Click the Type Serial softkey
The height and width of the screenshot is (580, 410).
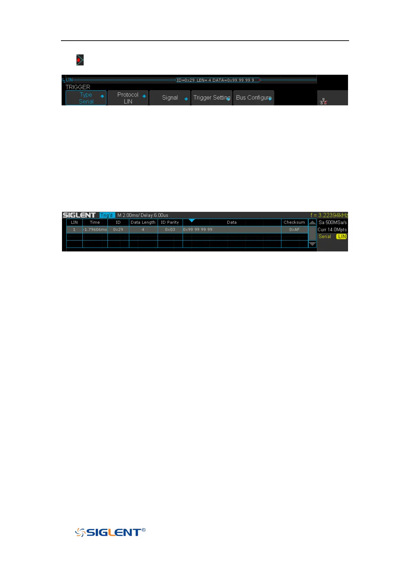[86, 98]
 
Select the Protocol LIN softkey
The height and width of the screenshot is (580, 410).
[128, 98]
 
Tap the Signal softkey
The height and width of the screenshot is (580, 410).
[170, 98]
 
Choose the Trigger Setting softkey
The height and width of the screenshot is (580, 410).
[212, 98]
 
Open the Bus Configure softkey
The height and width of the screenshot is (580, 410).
[254, 98]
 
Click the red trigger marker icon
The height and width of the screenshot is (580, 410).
[80, 60]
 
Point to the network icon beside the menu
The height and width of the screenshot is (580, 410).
[323, 101]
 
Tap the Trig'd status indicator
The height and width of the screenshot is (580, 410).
[107, 215]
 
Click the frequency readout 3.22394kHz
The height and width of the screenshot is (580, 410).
[329, 215]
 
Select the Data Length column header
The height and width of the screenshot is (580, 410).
[143, 222]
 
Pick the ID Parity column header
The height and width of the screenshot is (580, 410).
[170, 222]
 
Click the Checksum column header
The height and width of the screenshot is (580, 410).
[294, 222]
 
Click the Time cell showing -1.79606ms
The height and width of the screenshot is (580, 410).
[95, 229]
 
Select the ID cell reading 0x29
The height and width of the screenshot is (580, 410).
[118, 229]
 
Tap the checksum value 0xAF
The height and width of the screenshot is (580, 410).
[294, 229]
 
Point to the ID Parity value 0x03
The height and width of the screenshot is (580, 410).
[170, 229]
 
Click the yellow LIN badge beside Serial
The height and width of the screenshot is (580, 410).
[341, 237]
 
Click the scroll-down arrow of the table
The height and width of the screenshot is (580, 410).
[312, 244]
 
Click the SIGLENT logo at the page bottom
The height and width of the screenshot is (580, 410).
[110, 532]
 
